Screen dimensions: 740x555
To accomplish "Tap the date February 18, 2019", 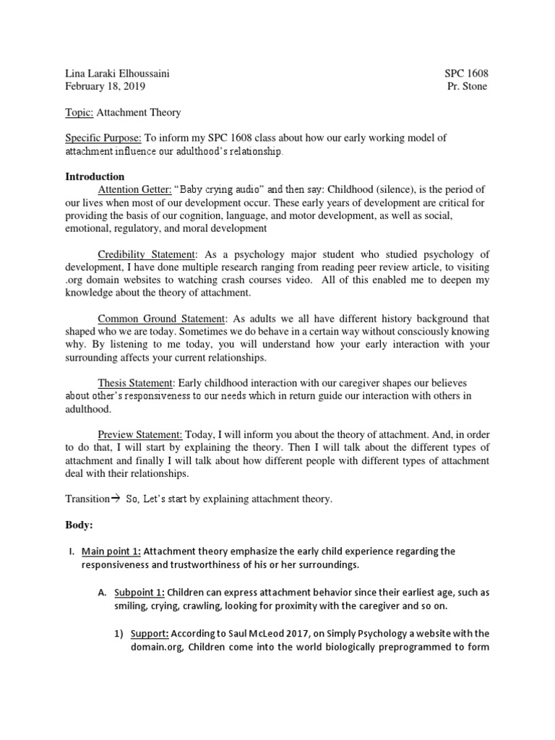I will [x=105, y=86].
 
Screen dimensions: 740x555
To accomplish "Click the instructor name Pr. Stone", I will [x=468, y=86].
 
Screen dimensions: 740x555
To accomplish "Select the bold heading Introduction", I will [x=95, y=176].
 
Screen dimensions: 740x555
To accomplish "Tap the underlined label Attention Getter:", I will [x=134, y=189].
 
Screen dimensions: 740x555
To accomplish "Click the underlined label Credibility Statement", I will [x=147, y=254].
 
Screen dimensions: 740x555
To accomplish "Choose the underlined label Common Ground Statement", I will [x=162, y=319].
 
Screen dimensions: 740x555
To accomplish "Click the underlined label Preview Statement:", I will [x=140, y=434].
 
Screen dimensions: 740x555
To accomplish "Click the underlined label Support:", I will [x=150, y=634].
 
